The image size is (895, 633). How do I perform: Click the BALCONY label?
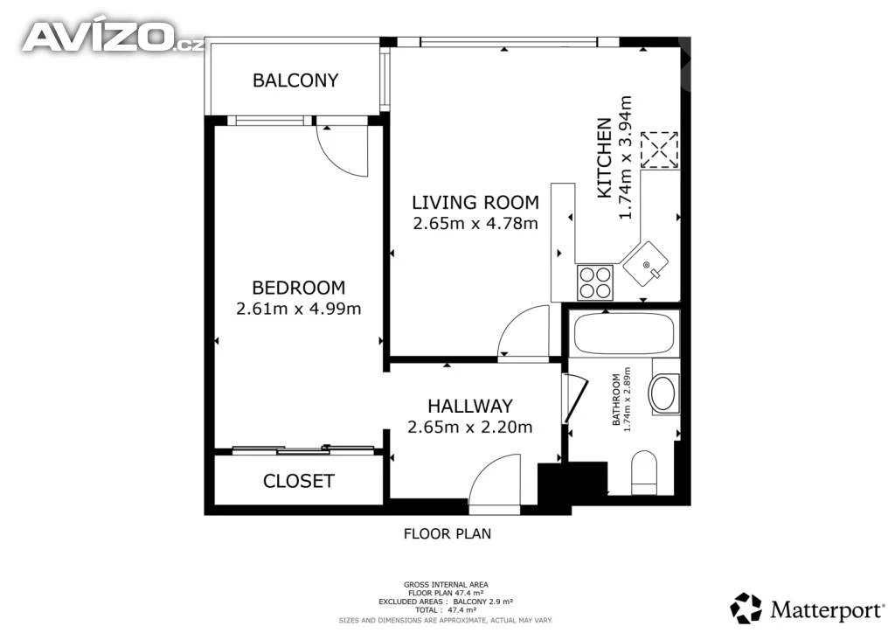pos(295,80)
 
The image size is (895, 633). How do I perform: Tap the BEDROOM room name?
pos(299,287)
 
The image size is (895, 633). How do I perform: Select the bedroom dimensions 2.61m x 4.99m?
pos(299,309)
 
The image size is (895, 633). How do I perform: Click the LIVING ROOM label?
pos(475,202)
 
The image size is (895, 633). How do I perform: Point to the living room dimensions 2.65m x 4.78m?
pos(475,223)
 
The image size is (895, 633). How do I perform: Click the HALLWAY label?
pos(470,406)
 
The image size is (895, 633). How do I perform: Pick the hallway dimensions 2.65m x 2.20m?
pos(469,427)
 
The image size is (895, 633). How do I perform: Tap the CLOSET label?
pos(299,481)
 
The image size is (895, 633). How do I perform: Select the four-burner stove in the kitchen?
pos(595,282)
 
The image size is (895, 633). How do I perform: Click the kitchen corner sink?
pos(646,264)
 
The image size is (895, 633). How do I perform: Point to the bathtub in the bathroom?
pos(624,334)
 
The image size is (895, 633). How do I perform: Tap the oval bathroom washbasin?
pos(663,393)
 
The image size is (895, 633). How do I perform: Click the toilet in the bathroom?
pos(644,473)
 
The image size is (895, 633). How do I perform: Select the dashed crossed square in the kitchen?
pos(659,150)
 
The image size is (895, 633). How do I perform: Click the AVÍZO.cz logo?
pos(112,38)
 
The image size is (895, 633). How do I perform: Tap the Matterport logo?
pos(807,609)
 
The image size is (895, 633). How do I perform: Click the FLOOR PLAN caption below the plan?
pos(447,534)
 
